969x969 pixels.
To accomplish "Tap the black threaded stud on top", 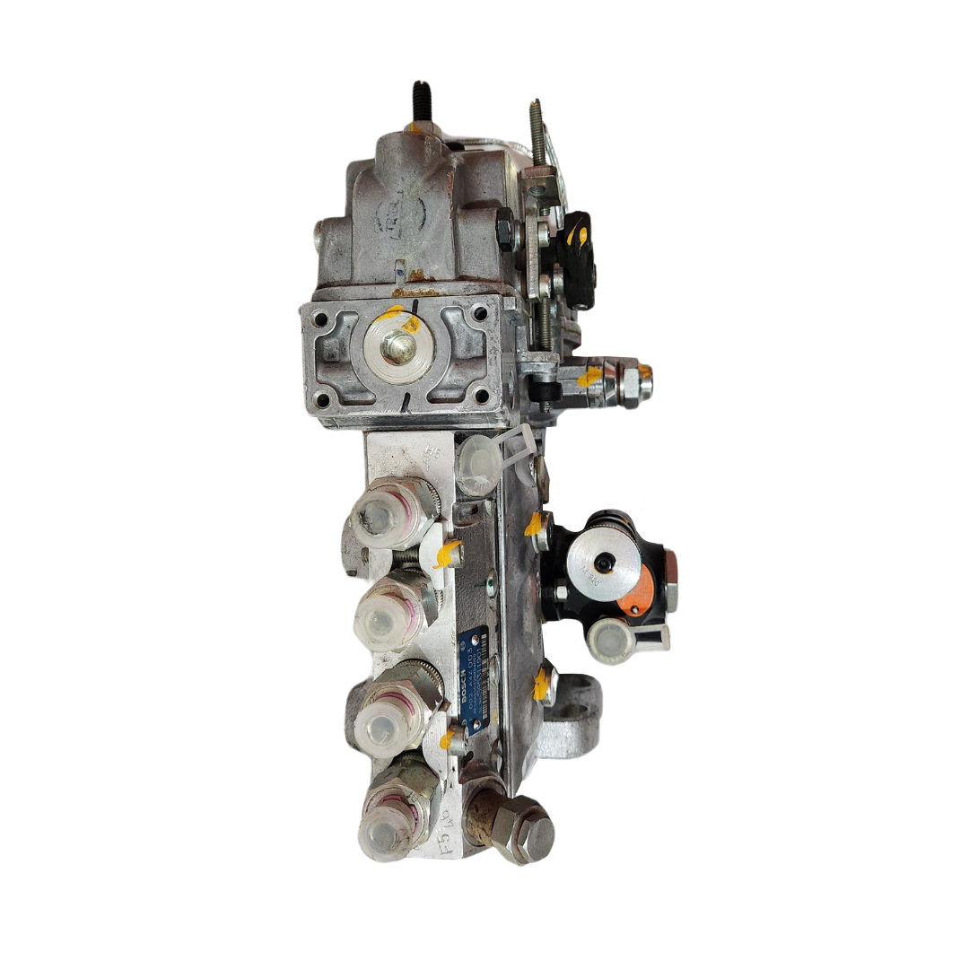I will click(x=419, y=104).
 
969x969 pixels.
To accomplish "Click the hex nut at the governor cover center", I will click(x=397, y=346).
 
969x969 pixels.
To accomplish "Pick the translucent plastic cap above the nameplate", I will click(x=478, y=464).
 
